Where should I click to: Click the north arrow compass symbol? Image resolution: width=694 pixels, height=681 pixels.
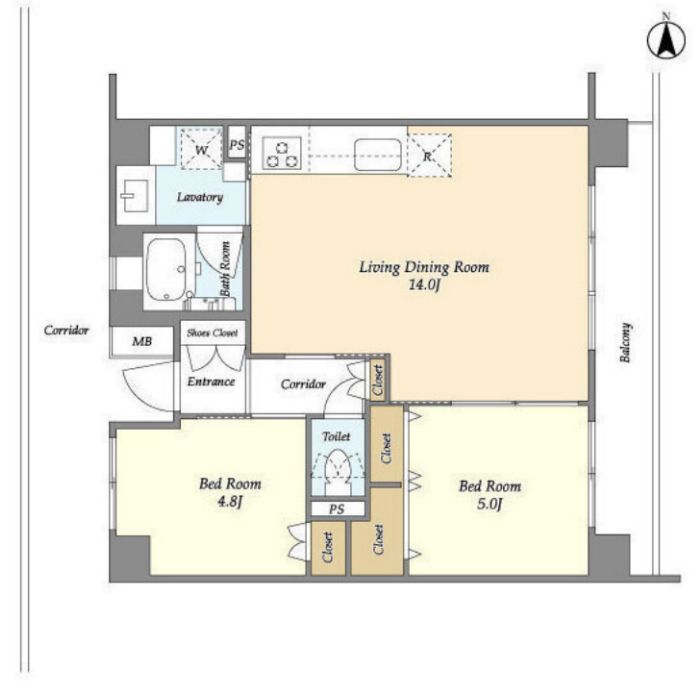coord(666,41)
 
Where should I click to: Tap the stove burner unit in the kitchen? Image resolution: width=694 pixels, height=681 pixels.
coord(281,153)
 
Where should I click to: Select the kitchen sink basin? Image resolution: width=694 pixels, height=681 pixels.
coord(378,154)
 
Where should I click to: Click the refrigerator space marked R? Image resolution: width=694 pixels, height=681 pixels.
coord(428,155)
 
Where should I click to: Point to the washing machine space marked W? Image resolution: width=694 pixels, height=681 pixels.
coord(201,149)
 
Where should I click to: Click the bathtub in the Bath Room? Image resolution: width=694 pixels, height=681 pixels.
coord(166,269)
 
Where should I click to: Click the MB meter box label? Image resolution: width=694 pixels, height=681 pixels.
coord(142,341)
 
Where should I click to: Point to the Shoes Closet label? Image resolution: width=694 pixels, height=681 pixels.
coord(212,333)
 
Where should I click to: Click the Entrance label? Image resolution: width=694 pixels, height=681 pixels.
coord(211,381)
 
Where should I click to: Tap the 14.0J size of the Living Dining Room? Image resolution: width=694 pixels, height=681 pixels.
coord(424,285)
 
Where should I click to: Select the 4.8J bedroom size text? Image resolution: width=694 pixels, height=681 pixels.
coord(229,502)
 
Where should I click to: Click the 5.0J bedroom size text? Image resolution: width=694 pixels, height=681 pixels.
coord(489,504)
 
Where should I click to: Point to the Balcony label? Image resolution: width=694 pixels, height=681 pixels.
coord(625,342)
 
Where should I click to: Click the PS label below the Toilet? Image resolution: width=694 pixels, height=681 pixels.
coord(336,509)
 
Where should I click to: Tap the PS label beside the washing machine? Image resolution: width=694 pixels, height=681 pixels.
coord(237,144)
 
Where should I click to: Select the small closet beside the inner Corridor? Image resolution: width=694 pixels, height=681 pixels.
coord(378,380)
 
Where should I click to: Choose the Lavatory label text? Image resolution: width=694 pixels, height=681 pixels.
coord(200,197)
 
